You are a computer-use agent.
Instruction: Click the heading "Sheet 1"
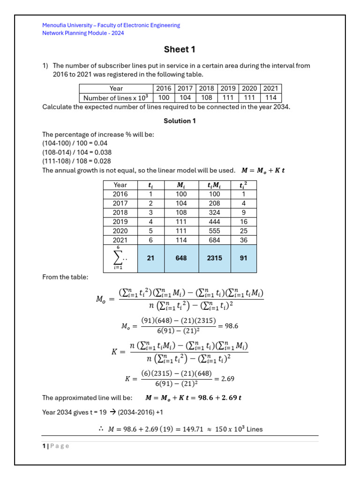tap(180, 50)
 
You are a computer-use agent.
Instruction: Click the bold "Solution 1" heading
tap(180, 121)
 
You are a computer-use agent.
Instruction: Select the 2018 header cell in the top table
tap(206, 88)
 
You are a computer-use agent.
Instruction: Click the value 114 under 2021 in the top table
tap(270, 97)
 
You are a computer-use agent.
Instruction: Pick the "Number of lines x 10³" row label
tap(116, 97)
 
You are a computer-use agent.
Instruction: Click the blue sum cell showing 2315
tap(215, 258)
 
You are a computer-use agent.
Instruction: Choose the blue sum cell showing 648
tap(181, 258)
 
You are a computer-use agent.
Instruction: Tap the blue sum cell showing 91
tap(243, 258)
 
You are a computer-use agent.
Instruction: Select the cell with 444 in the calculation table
tap(215, 222)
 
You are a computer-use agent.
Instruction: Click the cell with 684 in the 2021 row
tap(215, 240)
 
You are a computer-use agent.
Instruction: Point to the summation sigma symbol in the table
tap(118, 257)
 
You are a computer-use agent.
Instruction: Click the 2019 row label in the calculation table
tap(120, 222)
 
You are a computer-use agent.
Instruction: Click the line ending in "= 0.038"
tap(77, 152)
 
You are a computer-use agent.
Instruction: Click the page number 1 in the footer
tap(43, 446)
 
